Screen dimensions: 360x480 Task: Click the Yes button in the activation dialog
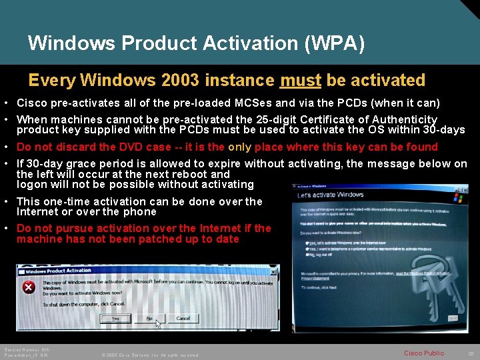116,319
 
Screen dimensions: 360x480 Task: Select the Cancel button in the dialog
183,319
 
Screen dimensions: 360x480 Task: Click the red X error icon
29,287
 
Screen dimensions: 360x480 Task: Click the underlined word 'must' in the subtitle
301,81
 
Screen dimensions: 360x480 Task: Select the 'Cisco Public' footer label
423,353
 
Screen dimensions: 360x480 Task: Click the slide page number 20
471,353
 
